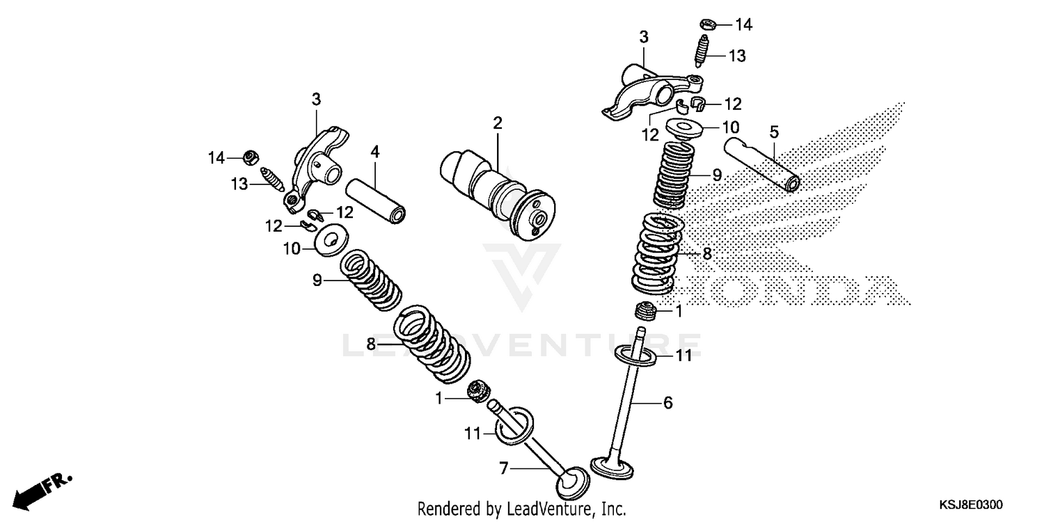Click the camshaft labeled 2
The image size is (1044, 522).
pyautogui.click(x=498, y=189)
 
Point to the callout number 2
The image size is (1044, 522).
pyautogui.click(x=497, y=124)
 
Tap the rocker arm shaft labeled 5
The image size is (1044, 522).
pyautogui.click(x=762, y=164)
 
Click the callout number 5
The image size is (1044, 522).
pyautogui.click(x=773, y=131)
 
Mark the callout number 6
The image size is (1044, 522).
pyautogui.click(x=667, y=402)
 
